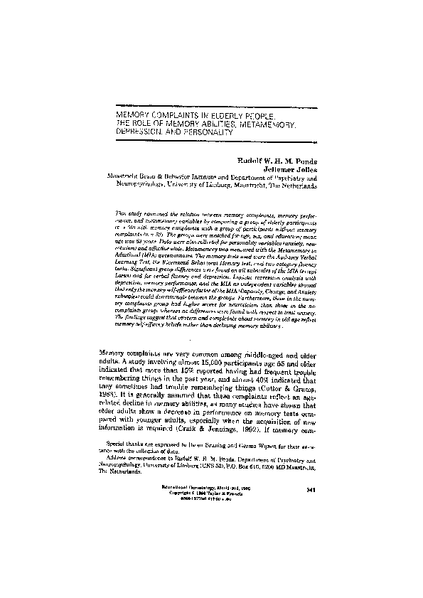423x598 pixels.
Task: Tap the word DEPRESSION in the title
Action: point(141,132)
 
